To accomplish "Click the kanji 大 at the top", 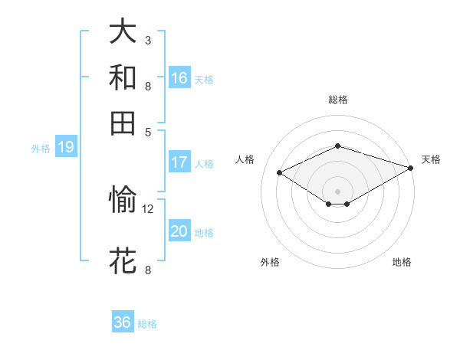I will tap(123, 33).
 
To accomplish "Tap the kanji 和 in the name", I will tap(123, 77).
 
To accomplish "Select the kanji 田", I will tap(123, 122).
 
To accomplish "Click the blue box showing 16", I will tap(179, 77).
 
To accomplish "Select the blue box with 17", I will tap(179, 162).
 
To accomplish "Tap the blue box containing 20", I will tap(179, 231).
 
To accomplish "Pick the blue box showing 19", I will tap(66, 147).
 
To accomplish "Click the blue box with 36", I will tap(123, 322).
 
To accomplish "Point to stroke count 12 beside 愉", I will tap(148, 208).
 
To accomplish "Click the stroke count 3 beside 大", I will tap(148, 40).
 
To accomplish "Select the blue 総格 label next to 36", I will tap(147, 324).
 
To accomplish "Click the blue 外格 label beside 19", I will tap(41, 149).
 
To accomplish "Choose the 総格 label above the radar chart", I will tap(337, 100).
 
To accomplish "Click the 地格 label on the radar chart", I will tap(402, 263).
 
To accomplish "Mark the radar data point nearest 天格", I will tap(411, 167).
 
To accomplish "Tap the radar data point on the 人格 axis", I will tap(280, 172).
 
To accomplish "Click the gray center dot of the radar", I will tap(337, 191).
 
